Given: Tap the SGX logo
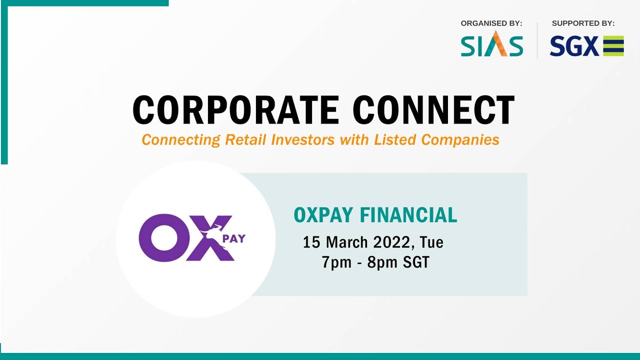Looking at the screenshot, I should [586, 46].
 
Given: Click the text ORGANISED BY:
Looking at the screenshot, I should [491, 23].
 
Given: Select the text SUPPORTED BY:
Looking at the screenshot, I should [583, 23].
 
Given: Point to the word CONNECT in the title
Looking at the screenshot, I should [433, 110].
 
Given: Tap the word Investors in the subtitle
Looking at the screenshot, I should [303, 139].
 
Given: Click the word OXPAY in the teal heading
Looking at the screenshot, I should [324, 215].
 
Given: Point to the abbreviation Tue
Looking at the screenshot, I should [431, 242].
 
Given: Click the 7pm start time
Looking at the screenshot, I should [336, 262].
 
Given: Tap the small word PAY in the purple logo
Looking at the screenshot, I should [234, 238].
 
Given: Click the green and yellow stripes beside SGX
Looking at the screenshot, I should [613, 46].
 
